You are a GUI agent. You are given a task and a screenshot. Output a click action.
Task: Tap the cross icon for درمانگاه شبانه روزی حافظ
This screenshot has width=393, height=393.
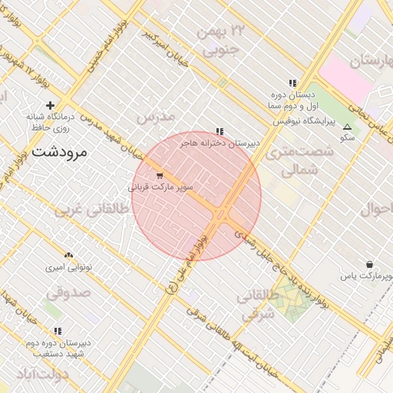[x=51, y=105]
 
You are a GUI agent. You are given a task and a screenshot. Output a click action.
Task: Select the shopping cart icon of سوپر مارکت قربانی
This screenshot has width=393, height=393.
[x=160, y=176]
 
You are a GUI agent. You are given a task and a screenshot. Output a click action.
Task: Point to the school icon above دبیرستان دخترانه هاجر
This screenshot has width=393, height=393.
[x=220, y=131]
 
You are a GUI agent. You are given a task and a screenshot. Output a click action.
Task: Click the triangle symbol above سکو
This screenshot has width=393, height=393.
[x=347, y=127]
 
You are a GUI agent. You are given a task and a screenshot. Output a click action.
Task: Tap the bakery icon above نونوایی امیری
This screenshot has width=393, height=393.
[x=68, y=255]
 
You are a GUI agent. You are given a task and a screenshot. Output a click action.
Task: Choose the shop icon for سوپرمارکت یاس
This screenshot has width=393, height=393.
[x=370, y=264]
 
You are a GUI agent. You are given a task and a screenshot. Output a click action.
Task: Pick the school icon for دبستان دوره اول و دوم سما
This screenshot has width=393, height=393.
[x=292, y=82]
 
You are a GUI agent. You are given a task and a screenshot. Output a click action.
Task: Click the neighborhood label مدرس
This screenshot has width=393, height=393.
[x=155, y=117]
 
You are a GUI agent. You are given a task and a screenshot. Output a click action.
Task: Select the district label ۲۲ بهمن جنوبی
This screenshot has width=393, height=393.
[x=221, y=41]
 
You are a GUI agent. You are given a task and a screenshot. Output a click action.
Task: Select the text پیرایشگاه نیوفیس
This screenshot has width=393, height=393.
[x=296, y=121]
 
